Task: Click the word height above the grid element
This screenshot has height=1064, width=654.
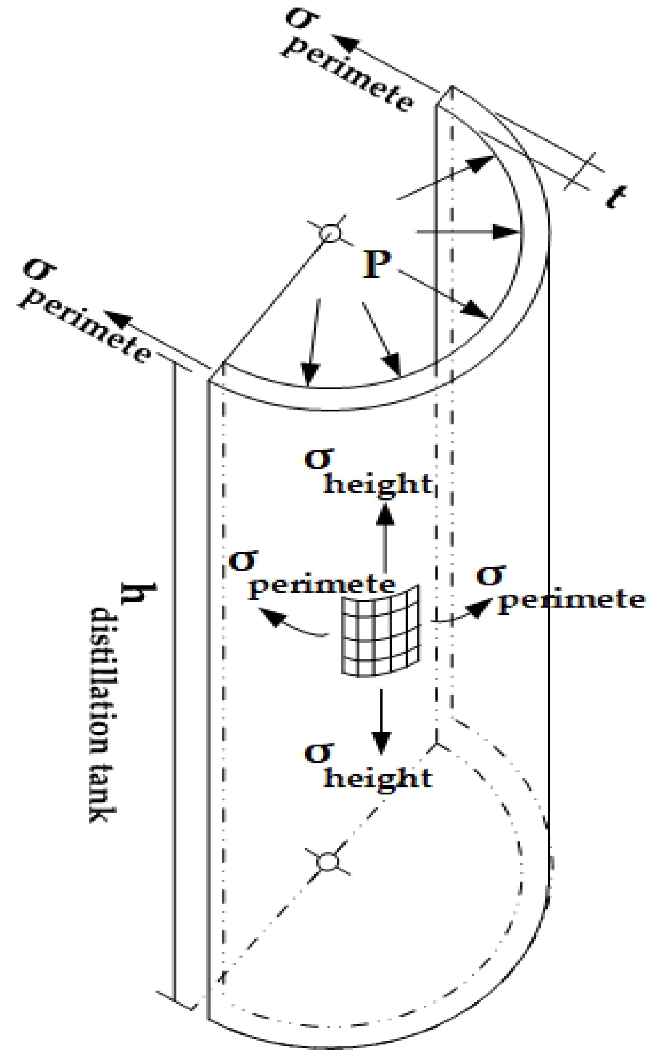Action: [378, 484]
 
